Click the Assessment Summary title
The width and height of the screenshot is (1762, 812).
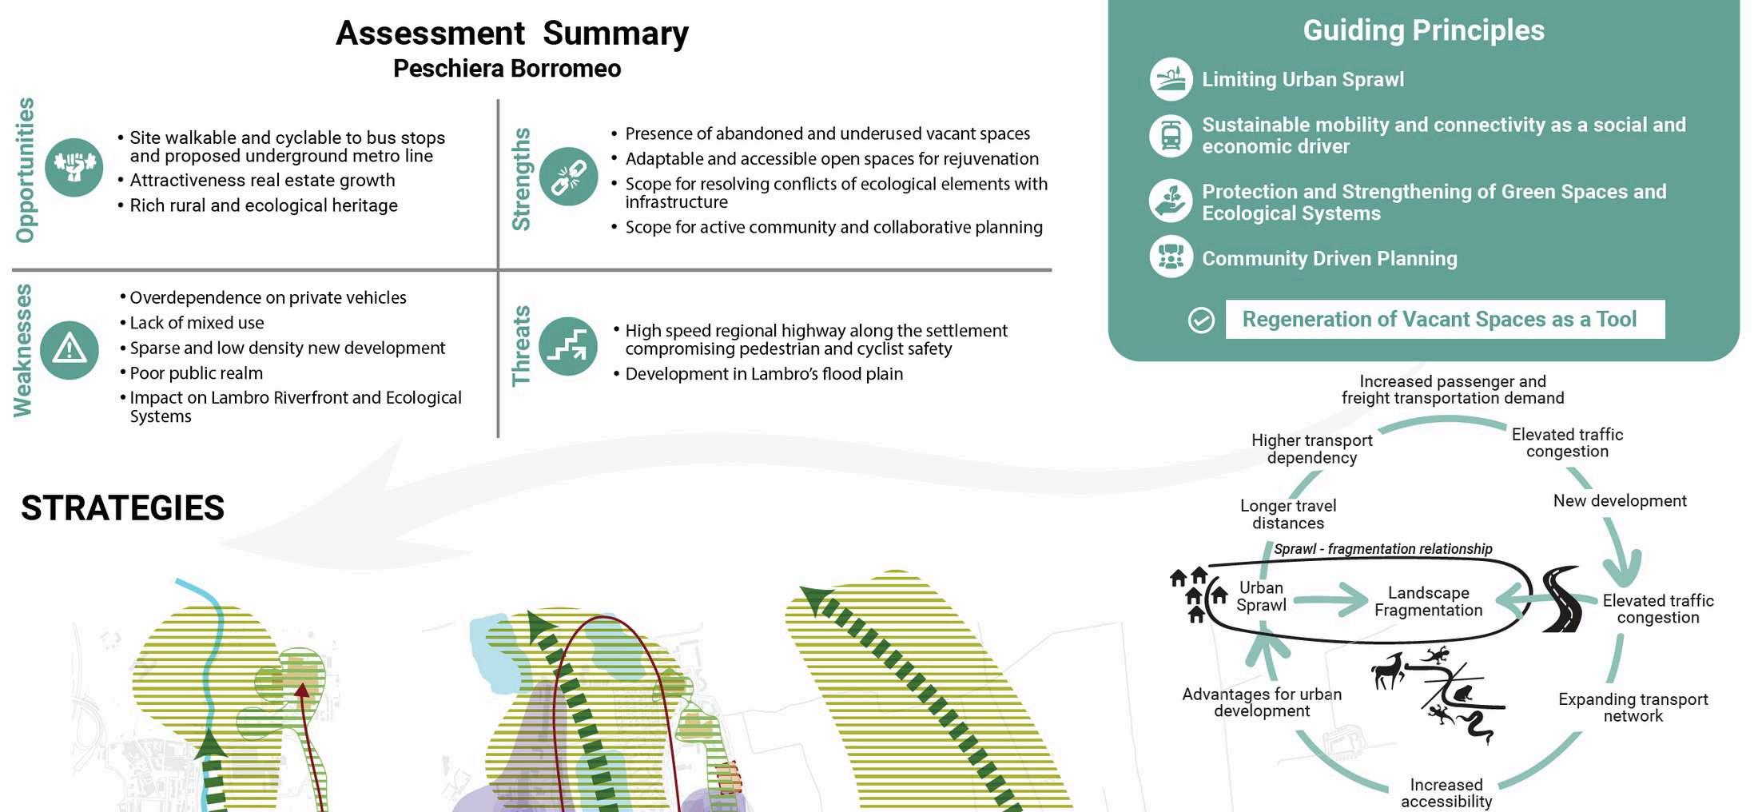coord(511,34)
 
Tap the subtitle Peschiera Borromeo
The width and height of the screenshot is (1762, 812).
coord(507,69)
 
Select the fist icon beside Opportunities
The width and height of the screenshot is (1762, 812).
coord(74,167)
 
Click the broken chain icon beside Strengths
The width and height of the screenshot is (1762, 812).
coord(568,177)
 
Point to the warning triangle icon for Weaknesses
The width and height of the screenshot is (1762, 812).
coord(70,350)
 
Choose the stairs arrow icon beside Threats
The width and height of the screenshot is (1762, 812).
coord(568,346)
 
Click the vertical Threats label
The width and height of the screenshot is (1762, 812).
coord(521,346)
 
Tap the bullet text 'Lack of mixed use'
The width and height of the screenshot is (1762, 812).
coord(197,323)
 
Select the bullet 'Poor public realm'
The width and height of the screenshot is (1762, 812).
coord(196,373)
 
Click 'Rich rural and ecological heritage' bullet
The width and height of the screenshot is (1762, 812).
coord(264,205)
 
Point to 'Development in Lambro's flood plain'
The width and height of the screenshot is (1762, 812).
coord(764,374)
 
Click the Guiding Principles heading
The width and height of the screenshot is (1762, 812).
coord(1423,30)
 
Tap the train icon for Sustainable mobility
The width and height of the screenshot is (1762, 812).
coord(1171,135)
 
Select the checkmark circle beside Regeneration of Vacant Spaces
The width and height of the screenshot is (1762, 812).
coord(1201,320)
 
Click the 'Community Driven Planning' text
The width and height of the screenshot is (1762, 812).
coord(1329,259)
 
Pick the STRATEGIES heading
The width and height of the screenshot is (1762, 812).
coord(123,508)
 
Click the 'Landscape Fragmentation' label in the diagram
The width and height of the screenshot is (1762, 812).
coord(1428,602)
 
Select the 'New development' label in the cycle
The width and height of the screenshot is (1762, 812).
coord(1619,501)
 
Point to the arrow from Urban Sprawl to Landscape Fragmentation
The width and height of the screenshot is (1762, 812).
coord(1330,599)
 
